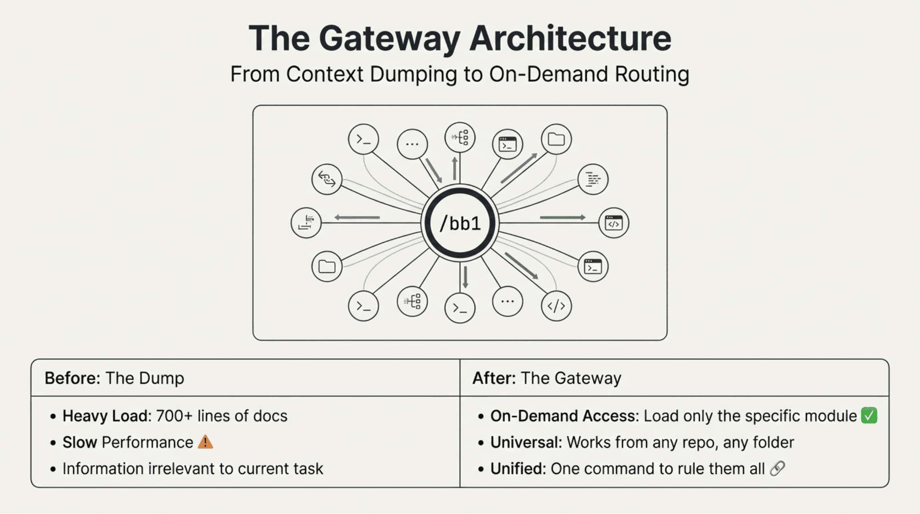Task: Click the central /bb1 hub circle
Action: point(460,223)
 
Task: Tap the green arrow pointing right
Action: point(562,217)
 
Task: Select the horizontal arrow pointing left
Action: point(357,217)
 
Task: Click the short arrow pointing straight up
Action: point(455,168)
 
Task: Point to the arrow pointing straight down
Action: point(465,277)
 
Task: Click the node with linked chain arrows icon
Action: point(327,179)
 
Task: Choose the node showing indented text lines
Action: point(593,179)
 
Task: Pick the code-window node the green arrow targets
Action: point(614,223)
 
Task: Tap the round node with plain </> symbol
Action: point(556,306)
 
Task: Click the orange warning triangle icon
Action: point(205,442)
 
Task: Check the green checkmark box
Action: point(869,416)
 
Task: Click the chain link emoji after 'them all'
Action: point(777,469)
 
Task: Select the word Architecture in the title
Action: point(570,39)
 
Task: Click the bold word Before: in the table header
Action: point(72,378)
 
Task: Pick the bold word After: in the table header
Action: point(494,378)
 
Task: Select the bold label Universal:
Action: point(526,443)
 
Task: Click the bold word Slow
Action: point(80,443)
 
